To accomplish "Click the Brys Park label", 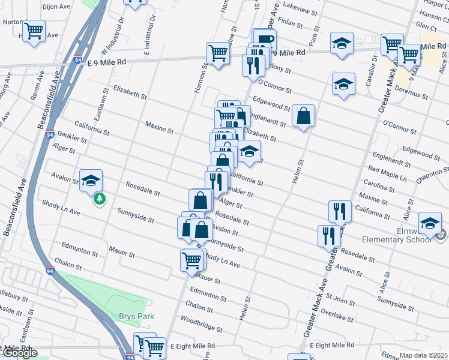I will [x=136, y=316].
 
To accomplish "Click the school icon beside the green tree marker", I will [x=91, y=179].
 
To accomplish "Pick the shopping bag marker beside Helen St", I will [x=304, y=116].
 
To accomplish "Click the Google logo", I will [x=20, y=353].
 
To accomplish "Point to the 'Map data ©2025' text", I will [x=423, y=355].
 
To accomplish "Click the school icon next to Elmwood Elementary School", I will [x=430, y=223].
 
